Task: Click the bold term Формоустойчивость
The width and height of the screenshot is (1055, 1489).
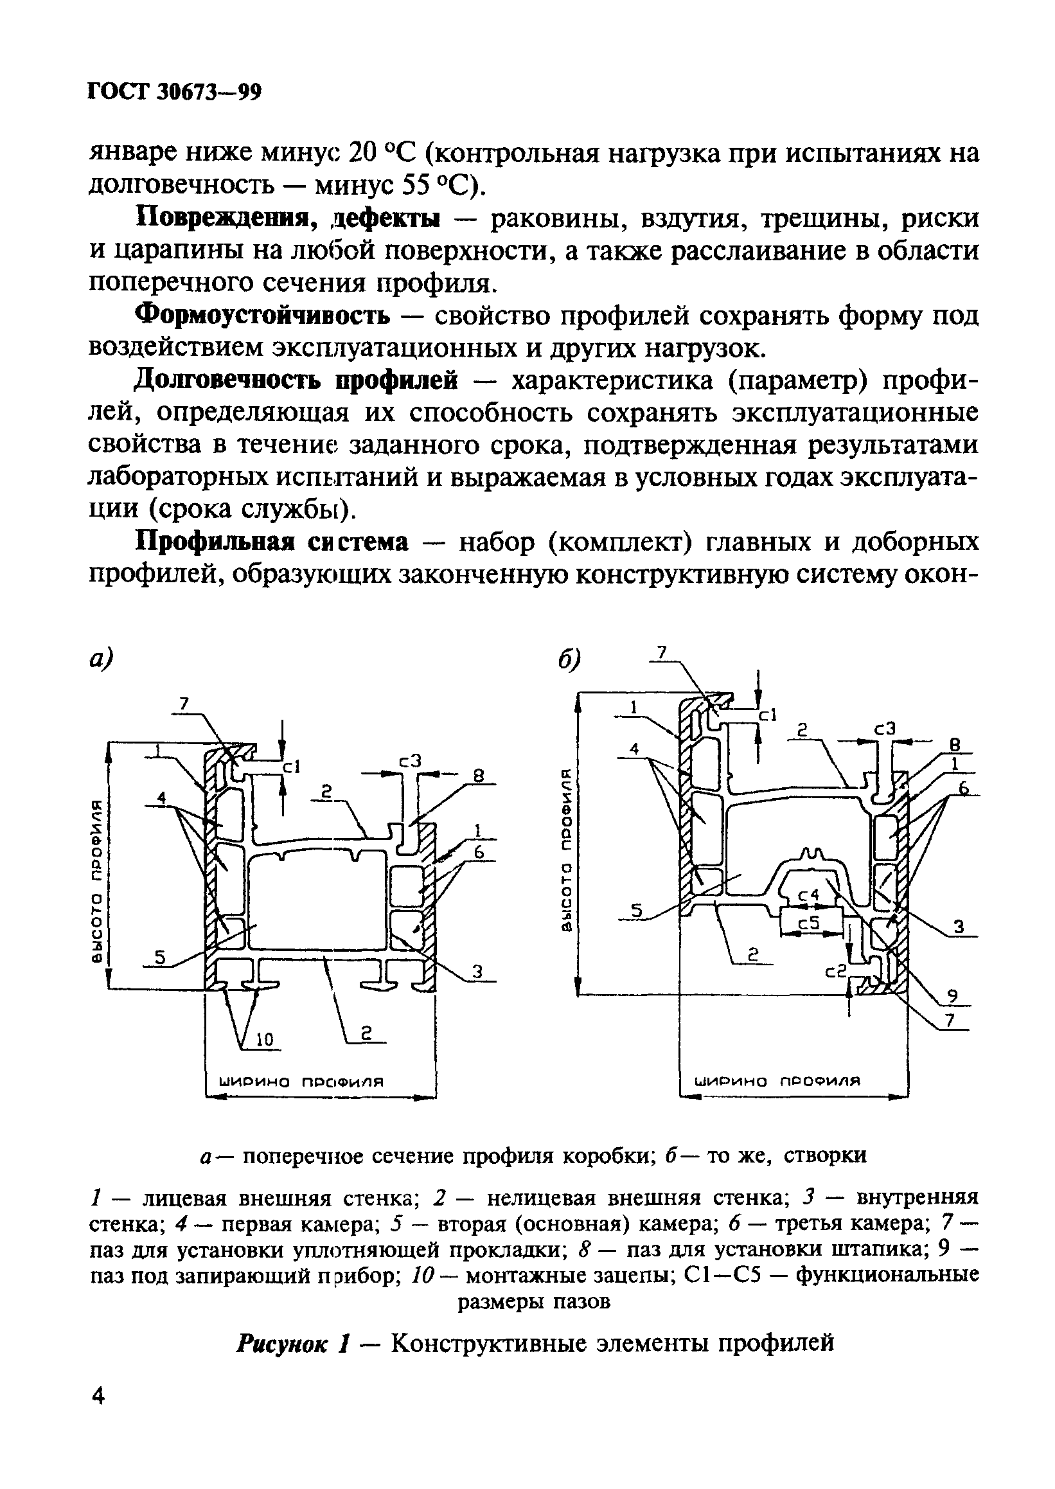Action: [x=262, y=316]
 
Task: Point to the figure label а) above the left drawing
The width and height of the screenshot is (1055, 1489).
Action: [x=101, y=659]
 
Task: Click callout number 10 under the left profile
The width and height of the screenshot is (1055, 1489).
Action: [x=265, y=1040]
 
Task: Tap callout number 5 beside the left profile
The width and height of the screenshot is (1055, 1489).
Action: [x=159, y=957]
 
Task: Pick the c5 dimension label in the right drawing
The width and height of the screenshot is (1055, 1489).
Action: [x=811, y=923]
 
